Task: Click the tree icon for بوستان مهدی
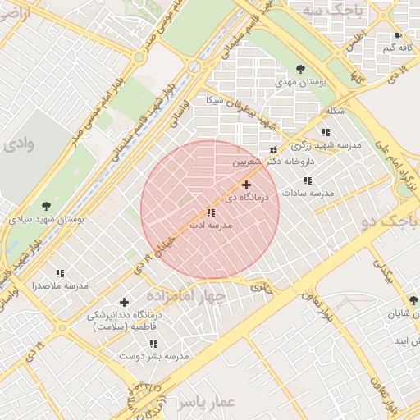coord(299,69)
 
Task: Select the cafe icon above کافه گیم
coord(398,36)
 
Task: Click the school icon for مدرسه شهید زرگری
coord(326,132)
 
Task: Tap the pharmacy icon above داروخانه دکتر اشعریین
coord(273,149)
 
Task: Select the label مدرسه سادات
coord(308,193)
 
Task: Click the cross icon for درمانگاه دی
coord(246,185)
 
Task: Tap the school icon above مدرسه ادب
coord(211,212)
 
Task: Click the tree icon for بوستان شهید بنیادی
coord(44,207)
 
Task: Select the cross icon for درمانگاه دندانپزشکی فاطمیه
coord(125,303)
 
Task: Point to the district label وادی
coord(18,144)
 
